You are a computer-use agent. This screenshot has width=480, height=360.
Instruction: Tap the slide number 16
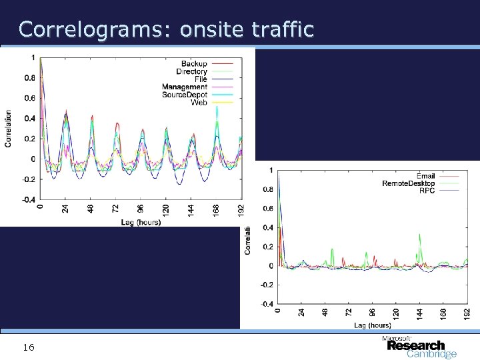click(29, 347)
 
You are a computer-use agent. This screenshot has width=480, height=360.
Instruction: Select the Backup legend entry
click(194, 63)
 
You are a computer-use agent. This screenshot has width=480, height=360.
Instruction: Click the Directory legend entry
click(191, 71)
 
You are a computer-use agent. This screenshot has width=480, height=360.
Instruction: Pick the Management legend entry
click(184, 87)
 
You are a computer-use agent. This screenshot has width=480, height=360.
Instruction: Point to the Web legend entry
click(199, 102)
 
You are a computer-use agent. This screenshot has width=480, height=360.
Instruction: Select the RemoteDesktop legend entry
click(408, 183)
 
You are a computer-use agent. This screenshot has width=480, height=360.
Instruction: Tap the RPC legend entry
click(427, 191)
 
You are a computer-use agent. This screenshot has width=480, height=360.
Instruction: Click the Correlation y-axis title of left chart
click(8, 127)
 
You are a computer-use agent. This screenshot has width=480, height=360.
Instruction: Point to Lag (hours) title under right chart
click(373, 325)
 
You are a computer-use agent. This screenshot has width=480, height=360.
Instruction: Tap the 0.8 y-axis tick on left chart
click(31, 77)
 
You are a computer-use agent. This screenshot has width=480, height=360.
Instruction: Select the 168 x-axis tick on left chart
click(215, 209)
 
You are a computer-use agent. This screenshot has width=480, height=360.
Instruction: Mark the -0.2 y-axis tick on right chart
click(267, 285)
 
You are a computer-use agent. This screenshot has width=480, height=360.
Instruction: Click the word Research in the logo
click(415, 345)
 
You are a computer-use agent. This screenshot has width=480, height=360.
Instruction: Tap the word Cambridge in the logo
click(431, 354)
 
